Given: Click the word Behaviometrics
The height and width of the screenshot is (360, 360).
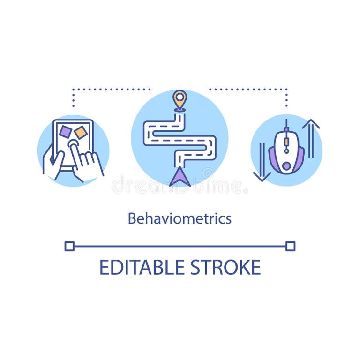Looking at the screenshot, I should click(180, 218).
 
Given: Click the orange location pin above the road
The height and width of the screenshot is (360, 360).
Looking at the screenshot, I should click(180, 99).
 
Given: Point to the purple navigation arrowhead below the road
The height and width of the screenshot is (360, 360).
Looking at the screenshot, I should click(180, 177).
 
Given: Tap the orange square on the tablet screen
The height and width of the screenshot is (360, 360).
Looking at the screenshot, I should click(81, 133).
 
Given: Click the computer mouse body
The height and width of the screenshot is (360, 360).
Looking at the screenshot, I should click(286, 152).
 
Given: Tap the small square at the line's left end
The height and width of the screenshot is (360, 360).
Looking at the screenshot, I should click(69, 246).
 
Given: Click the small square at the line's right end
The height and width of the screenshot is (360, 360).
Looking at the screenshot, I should click(291, 246).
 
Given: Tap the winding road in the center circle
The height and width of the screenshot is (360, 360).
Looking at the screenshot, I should click(180, 141).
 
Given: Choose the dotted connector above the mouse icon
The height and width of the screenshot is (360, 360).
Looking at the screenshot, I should click(286, 96).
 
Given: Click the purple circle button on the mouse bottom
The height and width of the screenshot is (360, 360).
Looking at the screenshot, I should click(286, 166).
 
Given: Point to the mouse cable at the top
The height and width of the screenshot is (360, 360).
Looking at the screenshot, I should click(286, 125).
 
